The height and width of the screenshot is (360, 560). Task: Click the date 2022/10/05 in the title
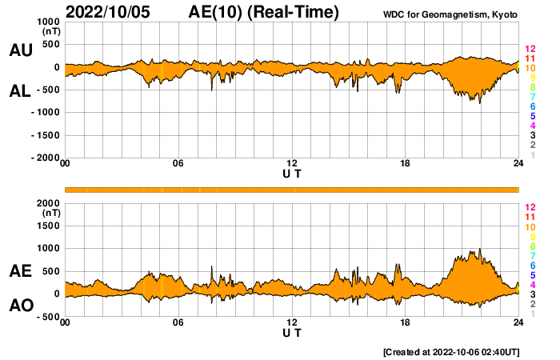tap(113, 12)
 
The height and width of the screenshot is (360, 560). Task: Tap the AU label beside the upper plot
tap(20, 50)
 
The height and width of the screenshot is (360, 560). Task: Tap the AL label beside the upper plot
tap(20, 91)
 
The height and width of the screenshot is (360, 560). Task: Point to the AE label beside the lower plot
tap(20, 271)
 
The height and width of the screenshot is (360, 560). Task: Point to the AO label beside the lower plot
tap(20, 306)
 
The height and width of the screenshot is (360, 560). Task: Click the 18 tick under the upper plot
tap(405, 164)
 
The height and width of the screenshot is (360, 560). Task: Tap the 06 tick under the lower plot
tap(178, 322)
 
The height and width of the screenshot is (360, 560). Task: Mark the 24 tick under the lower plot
tap(518, 322)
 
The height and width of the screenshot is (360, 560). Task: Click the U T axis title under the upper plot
tap(292, 173)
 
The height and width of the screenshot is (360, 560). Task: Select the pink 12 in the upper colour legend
tap(530, 49)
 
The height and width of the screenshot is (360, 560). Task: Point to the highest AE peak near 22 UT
tap(479, 250)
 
